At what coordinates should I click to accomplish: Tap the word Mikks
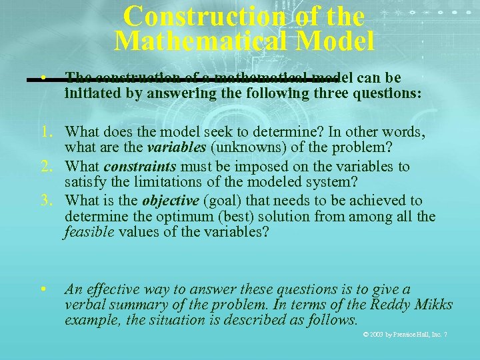(434, 305)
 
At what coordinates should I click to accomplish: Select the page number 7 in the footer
(445, 334)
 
